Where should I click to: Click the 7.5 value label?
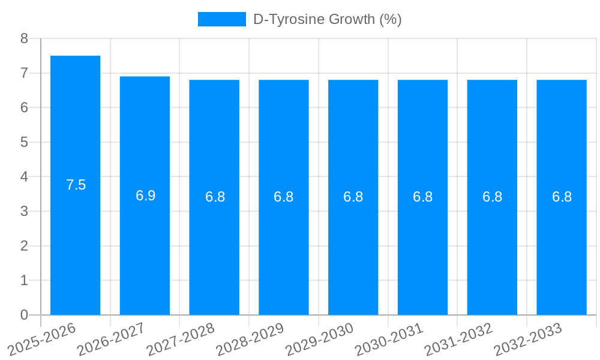tap(76, 185)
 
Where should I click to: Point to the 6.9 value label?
tap(146, 196)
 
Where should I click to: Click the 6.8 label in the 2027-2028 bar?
tap(215, 197)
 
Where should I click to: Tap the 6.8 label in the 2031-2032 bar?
tap(493, 197)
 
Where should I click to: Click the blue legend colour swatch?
tap(222, 19)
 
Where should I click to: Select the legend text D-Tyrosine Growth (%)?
tap(328, 19)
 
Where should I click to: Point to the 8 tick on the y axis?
tap(24, 38)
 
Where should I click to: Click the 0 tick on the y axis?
tap(24, 315)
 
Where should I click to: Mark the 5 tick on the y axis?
tap(24, 142)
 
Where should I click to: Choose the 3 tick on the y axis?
tap(24, 211)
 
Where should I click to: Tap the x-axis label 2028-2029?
tap(250, 338)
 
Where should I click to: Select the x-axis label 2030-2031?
tap(389, 338)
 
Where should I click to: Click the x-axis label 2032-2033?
tap(528, 338)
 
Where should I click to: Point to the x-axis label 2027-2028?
tap(181, 338)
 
